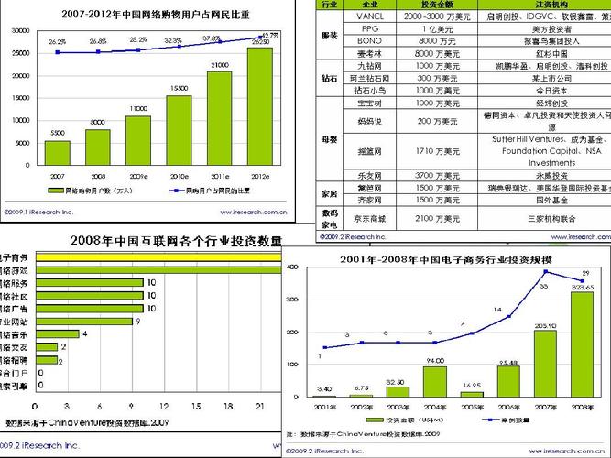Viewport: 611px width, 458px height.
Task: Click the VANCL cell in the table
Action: coord(369,16)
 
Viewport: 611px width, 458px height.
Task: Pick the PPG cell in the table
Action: coord(369,29)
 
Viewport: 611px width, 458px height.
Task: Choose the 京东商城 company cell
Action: coord(369,219)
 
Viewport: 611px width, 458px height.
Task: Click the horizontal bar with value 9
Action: coord(82,322)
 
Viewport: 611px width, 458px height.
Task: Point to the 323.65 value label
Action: coord(583,287)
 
